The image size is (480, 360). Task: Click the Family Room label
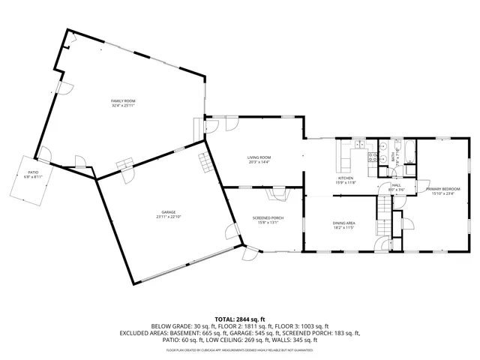click(123, 100)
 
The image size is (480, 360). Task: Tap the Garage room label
click(169, 212)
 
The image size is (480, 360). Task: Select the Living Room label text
click(259, 157)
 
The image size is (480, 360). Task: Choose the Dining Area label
click(343, 223)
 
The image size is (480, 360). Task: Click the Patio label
click(32, 172)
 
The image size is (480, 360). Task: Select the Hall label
click(395, 185)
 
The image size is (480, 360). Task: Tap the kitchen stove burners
click(370, 157)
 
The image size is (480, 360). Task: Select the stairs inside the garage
click(205, 159)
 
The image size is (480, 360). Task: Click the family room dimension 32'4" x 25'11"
click(123, 105)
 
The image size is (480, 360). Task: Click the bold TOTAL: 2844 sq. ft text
click(240, 319)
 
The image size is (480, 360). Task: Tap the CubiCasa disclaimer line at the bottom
click(240, 349)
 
